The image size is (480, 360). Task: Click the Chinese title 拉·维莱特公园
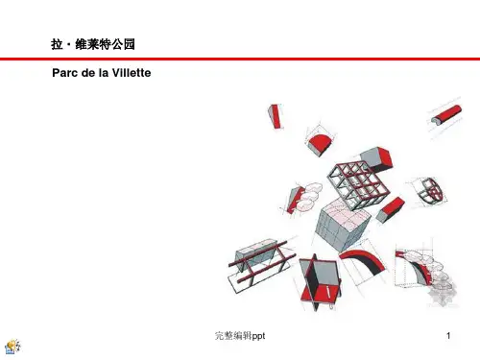coord(93,44)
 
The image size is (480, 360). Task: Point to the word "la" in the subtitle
coord(103,73)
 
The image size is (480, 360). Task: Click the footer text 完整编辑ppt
coord(240,336)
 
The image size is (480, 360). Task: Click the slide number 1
coord(448,335)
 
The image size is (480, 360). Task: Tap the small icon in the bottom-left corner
coord(12,347)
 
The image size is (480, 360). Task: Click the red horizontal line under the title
coord(240,59)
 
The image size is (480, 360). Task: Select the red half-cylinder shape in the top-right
coord(446,114)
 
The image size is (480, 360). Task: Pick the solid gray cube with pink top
coord(343,224)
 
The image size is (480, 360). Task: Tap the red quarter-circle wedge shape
coord(320,144)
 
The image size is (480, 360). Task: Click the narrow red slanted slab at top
coord(275,116)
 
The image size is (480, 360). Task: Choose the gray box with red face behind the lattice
coord(377,158)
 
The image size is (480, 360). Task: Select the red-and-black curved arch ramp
coord(363,261)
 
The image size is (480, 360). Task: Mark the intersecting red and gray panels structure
coord(320,281)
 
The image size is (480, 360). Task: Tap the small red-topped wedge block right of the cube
coord(391,209)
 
